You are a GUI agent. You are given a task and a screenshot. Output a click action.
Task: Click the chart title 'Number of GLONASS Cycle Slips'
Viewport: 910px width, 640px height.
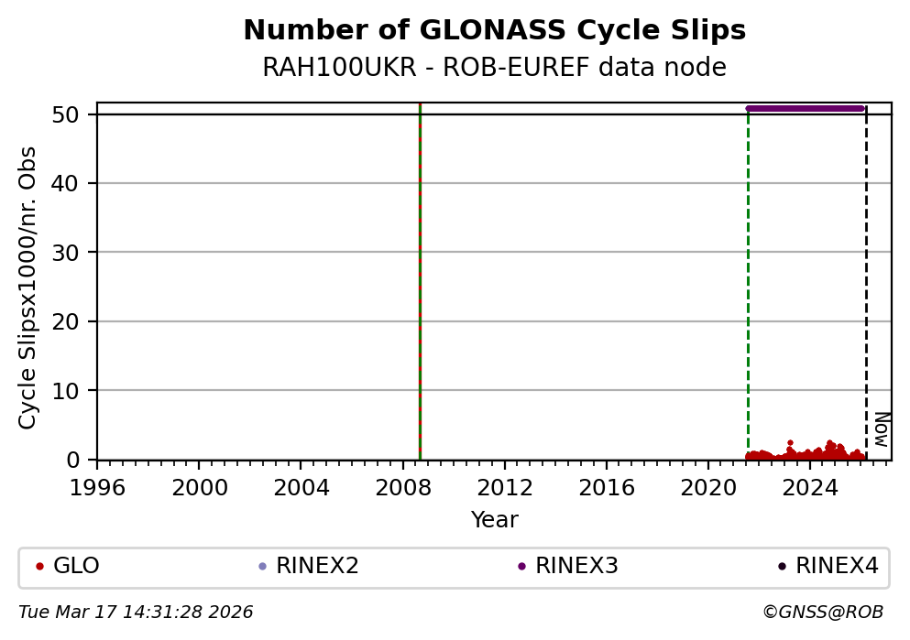click(494, 31)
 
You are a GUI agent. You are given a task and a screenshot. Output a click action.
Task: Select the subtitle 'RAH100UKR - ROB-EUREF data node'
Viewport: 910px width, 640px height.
click(494, 68)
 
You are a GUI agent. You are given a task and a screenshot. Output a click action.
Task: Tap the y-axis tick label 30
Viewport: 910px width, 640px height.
click(76, 253)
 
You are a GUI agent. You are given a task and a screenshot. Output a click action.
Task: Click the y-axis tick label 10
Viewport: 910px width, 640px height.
click(76, 391)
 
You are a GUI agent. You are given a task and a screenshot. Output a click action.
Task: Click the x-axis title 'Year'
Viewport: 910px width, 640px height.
click(494, 520)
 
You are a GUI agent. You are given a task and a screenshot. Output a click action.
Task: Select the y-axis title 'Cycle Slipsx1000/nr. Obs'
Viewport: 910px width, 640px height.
click(28, 287)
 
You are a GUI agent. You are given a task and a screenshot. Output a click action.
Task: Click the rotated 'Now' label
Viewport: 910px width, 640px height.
click(881, 428)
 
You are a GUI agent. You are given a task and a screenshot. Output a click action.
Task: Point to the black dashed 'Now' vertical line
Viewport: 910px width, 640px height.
click(866, 275)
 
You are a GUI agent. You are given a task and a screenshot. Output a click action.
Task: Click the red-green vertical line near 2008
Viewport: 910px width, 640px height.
click(420, 275)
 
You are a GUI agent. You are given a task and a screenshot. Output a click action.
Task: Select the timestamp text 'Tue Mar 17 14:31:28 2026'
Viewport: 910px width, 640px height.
click(136, 613)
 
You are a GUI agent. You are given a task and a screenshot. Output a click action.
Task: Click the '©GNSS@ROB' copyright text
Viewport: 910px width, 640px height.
click(822, 613)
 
